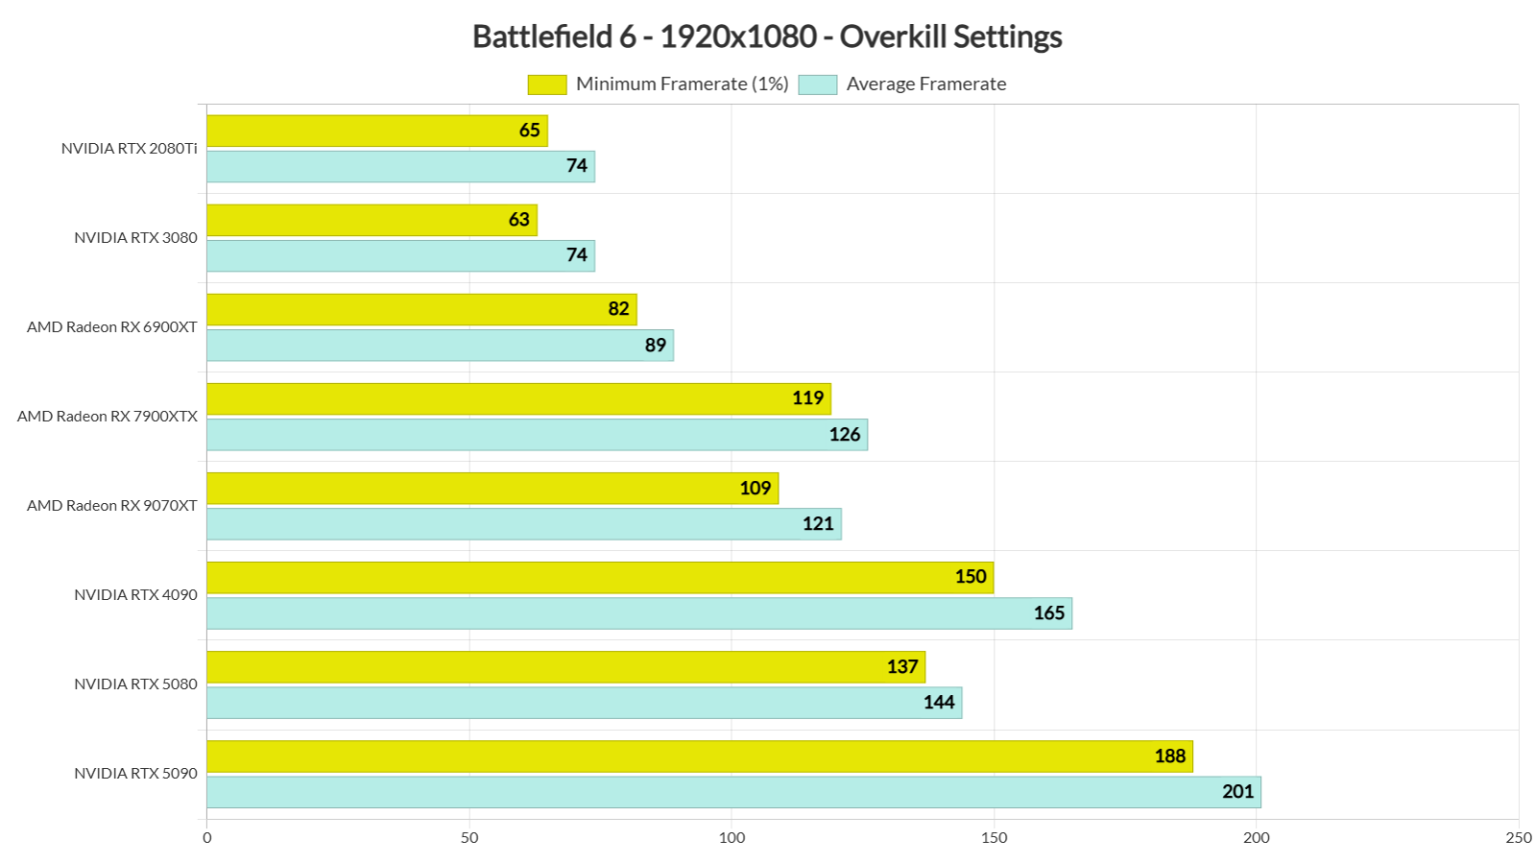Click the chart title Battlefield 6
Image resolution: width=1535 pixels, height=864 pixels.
tap(767, 37)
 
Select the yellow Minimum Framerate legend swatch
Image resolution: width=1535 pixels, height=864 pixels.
tap(547, 85)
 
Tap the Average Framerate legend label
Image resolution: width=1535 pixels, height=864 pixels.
tap(925, 85)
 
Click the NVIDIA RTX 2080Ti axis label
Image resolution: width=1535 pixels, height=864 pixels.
tap(129, 148)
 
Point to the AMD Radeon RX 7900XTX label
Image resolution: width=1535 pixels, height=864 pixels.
tap(107, 416)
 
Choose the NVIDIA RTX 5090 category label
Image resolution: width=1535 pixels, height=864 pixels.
tap(135, 773)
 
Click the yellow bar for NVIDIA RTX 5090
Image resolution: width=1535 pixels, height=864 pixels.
tap(700, 756)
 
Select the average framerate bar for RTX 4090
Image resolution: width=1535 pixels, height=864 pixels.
tap(640, 613)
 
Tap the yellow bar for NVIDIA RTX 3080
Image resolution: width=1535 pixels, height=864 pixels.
tap(372, 220)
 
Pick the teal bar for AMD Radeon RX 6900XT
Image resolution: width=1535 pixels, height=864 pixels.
tap(440, 345)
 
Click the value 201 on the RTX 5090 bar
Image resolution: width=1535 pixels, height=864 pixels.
tap(1237, 792)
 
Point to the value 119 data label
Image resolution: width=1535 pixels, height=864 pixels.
tap(807, 399)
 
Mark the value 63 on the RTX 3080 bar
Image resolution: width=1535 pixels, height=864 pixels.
tap(519, 220)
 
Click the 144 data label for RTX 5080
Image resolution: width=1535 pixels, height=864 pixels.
tap(938, 702)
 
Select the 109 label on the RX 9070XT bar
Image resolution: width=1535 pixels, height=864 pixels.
tap(755, 488)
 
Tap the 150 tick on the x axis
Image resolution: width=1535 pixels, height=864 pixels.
tap(993, 838)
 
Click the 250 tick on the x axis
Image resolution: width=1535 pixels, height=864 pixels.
tap(1517, 838)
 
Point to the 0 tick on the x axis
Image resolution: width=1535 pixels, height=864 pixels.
tap(207, 838)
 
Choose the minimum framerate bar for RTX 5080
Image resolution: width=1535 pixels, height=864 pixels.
tap(566, 667)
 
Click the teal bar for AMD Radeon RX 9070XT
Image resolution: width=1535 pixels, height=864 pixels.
tap(524, 524)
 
